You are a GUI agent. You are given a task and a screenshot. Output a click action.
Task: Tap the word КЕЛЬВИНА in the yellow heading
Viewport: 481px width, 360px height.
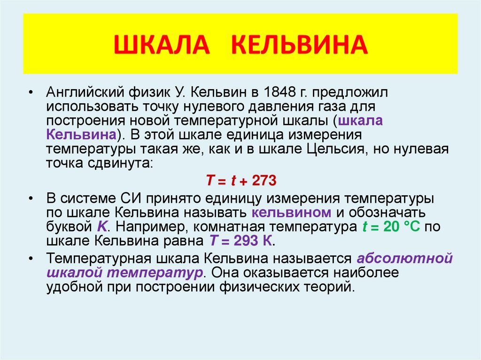(x=299, y=45)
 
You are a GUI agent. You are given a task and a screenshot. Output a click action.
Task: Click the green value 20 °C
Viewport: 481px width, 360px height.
(x=398, y=227)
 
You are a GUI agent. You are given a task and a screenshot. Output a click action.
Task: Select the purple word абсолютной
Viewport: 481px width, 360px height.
(x=404, y=258)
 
